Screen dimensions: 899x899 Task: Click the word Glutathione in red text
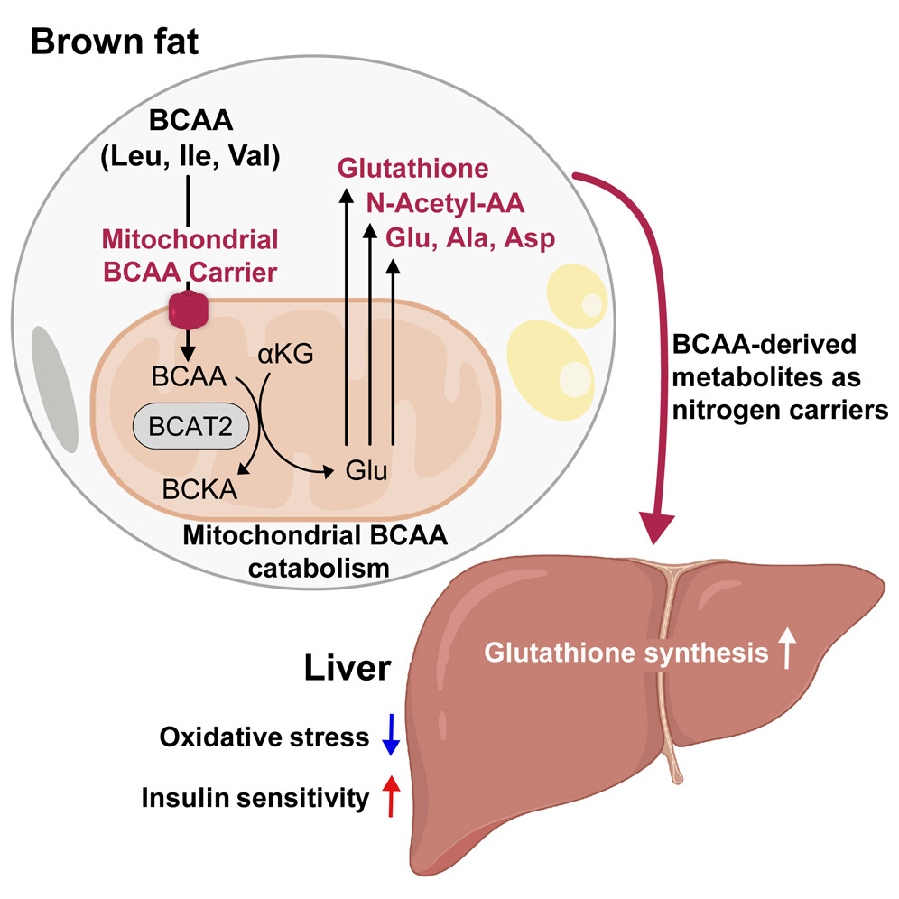click(x=413, y=168)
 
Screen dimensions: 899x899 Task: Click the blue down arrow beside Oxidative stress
click(x=390, y=735)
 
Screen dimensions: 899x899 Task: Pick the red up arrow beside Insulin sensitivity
click(x=390, y=796)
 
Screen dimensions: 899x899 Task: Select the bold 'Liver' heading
click(x=347, y=670)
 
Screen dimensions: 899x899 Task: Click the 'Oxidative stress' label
click(x=264, y=737)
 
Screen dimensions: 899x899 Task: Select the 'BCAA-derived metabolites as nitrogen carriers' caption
click(x=777, y=378)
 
